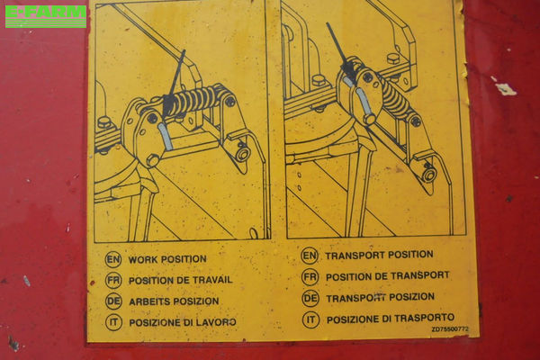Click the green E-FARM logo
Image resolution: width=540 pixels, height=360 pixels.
[46, 16]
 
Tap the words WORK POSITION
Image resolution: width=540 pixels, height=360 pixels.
[167, 259]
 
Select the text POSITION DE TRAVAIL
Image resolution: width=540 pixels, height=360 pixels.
[181, 281]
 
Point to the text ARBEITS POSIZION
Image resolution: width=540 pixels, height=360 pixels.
[174, 301]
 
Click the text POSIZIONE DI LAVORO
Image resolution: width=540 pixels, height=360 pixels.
[183, 322]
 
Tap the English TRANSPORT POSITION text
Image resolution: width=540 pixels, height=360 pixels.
[379, 256]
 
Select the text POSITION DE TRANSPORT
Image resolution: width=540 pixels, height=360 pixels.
[387, 276]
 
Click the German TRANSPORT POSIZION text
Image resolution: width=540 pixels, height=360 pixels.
[380, 298]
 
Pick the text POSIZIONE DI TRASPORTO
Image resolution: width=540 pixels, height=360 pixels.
[391, 319]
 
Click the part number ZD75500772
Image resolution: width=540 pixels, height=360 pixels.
[450, 329]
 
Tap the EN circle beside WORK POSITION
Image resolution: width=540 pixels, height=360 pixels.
[113, 259]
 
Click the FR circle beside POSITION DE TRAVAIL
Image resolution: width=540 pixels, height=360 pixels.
[113, 281]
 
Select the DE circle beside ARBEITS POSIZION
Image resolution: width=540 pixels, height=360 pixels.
[113, 301]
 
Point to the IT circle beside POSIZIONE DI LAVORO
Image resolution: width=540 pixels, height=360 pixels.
[113, 322]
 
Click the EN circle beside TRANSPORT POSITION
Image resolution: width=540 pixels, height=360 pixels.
[310, 256]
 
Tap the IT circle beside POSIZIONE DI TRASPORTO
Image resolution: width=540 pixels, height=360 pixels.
[310, 319]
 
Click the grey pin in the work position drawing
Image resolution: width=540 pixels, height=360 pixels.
[166, 137]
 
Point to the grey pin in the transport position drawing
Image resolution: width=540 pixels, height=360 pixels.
[364, 102]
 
